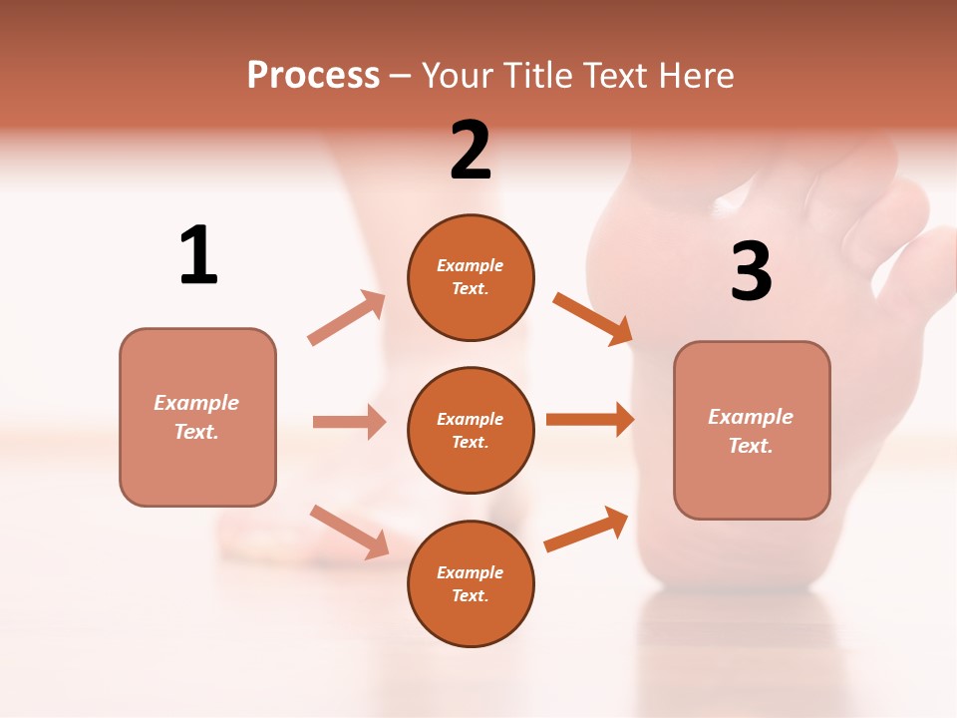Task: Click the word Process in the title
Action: [313, 76]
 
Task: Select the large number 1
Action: [198, 256]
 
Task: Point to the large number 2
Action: [471, 152]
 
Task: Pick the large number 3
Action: [751, 271]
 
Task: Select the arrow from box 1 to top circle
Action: [347, 318]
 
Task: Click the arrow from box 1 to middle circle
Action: [349, 422]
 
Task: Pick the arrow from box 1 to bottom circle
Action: [349, 532]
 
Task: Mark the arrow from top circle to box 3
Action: [593, 318]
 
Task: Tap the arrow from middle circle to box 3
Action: [590, 420]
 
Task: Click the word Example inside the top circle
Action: [470, 265]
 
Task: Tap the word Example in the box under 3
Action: [751, 417]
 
